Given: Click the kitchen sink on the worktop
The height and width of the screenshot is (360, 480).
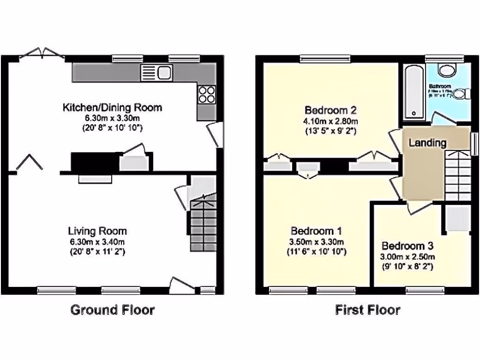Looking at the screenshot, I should click(157, 72).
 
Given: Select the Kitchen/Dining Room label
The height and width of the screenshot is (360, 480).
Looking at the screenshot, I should click(112, 107).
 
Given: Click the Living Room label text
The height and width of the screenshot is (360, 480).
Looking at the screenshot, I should click(97, 231).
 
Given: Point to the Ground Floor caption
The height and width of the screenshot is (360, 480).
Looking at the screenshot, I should click(112, 310).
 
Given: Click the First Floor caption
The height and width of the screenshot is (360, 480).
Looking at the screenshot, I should click(368, 310).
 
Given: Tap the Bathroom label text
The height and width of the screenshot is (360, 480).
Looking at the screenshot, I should click(440, 87).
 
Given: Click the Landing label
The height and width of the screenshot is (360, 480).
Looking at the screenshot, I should click(427, 143).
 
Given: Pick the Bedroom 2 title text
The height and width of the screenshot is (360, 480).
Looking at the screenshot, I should click(330, 111).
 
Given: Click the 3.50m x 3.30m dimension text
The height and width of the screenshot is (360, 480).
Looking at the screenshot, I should click(316, 242).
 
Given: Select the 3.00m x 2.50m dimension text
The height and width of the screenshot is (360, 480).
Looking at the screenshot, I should click(407, 257).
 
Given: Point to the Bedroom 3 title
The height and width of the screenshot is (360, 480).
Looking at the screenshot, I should click(407, 246).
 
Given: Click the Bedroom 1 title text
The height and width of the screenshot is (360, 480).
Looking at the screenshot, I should click(316, 231).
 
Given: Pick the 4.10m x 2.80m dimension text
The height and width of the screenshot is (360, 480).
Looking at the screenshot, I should click(330, 121).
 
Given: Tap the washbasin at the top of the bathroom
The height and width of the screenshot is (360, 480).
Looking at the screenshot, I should click(447, 70).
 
